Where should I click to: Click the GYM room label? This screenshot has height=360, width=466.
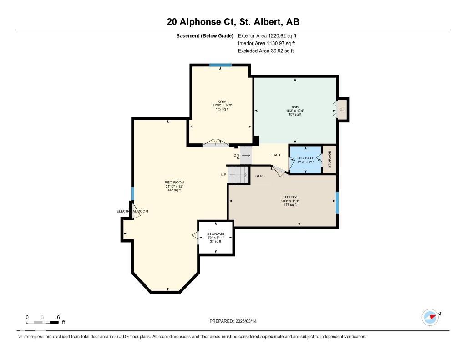[222, 101]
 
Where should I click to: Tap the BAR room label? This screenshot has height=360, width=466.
[295, 107]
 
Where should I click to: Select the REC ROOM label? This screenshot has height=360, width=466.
[174, 183]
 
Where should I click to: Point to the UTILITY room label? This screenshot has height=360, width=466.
[290, 197]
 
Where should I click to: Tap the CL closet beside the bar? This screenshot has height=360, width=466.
[342, 110]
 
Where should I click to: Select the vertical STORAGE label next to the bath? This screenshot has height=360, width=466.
[329, 159]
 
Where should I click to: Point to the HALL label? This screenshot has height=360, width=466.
[276, 155]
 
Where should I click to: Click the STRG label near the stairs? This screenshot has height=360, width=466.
[260, 175]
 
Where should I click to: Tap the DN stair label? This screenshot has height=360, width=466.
[236, 156]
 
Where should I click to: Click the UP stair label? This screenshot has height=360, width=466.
[223, 175]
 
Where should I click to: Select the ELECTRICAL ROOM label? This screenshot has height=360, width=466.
[132, 211]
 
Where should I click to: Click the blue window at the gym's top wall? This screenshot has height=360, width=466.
[221, 65]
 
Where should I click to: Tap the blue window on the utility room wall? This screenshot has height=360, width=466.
[337, 203]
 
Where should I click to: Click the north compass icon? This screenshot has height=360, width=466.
[430, 317]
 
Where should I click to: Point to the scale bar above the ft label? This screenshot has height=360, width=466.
[42, 322]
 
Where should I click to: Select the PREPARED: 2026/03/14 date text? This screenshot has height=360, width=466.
[236, 321]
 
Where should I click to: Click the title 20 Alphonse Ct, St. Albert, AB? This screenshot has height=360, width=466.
[233, 22]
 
